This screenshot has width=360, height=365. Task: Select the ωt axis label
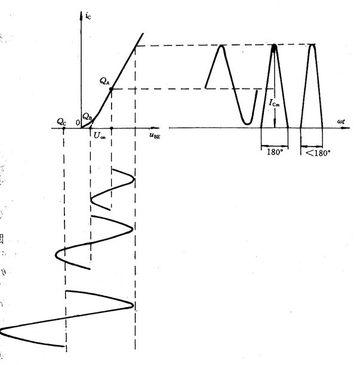[x=341, y=121]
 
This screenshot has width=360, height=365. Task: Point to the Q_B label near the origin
[x=87, y=116]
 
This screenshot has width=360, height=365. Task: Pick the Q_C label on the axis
[x=61, y=121]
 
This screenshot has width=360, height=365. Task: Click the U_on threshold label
[x=99, y=136]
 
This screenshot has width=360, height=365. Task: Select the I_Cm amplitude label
[x=273, y=103]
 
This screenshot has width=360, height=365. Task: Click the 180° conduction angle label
[x=275, y=151]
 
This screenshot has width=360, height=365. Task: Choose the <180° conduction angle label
[x=318, y=152]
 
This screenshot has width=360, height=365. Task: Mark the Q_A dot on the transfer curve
[x=112, y=89]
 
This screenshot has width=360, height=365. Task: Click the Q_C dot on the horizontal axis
[x=64, y=128]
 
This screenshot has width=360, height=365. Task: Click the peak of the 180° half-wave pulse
[x=274, y=46]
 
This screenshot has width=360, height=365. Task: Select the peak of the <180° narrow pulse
[x=312, y=45]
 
